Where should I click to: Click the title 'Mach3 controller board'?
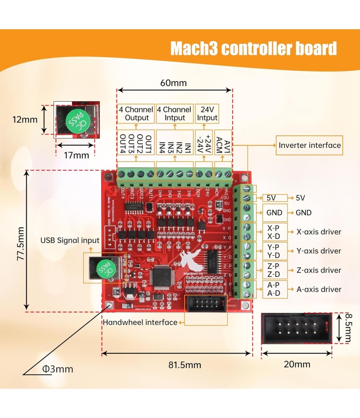click(253, 49)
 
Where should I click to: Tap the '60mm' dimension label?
click(173, 83)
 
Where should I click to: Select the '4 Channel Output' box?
click(136, 113)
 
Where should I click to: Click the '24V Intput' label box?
click(207, 113)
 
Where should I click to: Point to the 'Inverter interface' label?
click(310, 145)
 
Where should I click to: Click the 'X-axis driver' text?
click(319, 232)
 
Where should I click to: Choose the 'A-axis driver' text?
click(319, 289)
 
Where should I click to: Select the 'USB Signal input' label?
click(70, 240)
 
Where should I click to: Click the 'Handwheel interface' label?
click(140, 322)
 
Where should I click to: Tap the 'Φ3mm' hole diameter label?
click(57, 369)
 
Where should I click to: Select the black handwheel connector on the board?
click(206, 304)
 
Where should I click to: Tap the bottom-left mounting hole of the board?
click(108, 305)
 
